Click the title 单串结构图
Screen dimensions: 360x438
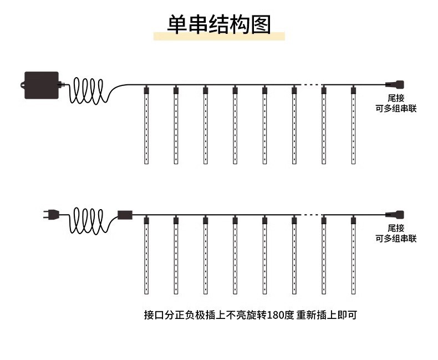click(x=219, y=25)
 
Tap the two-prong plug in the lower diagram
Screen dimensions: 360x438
click(x=50, y=214)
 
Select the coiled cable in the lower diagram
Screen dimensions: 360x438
click(x=89, y=220)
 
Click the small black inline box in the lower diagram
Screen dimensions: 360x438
click(x=125, y=214)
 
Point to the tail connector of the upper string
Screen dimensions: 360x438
click(x=395, y=85)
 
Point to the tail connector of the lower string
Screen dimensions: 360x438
click(x=395, y=214)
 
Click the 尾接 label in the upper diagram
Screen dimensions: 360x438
click(x=396, y=98)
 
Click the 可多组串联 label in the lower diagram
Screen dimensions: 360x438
click(x=396, y=239)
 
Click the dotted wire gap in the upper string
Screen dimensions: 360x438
click(x=310, y=85)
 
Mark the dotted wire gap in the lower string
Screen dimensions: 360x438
click(x=310, y=215)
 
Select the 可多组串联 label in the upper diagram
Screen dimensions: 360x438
click(x=396, y=108)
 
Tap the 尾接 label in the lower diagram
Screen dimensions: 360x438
click(x=396, y=228)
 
